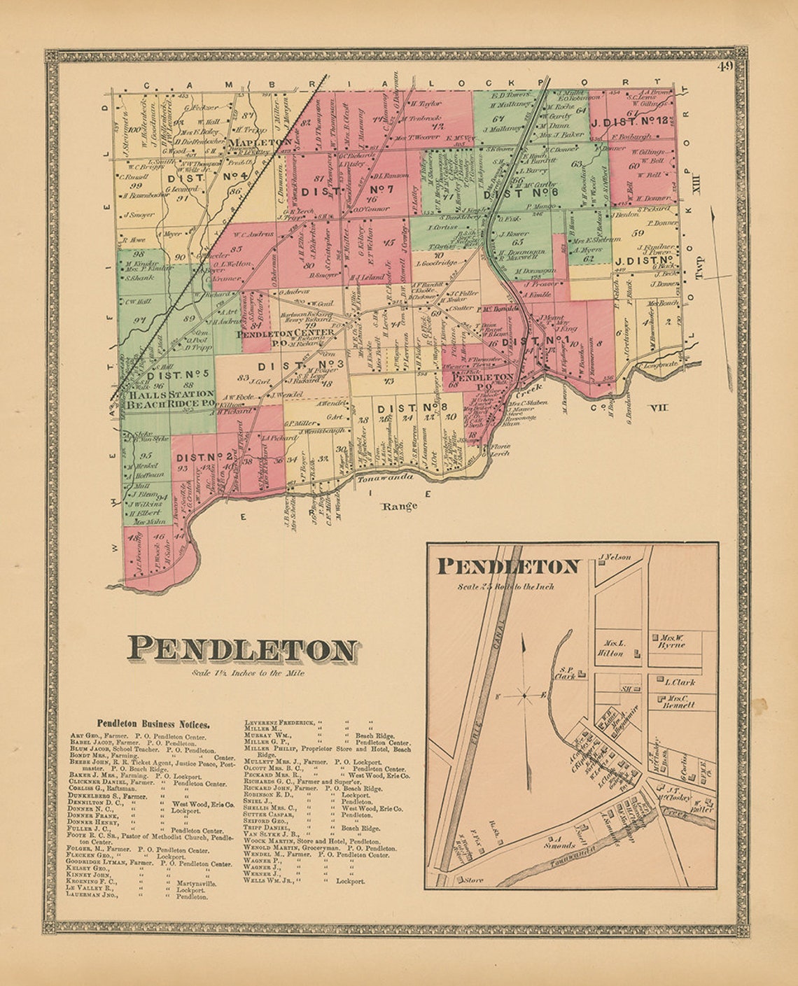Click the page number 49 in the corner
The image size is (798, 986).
[x=724, y=67]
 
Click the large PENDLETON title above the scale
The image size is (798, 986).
[x=241, y=650]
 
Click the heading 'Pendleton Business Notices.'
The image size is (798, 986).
[x=153, y=724]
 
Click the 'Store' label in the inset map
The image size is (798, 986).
[x=474, y=880]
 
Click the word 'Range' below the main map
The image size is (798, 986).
[x=400, y=506]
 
